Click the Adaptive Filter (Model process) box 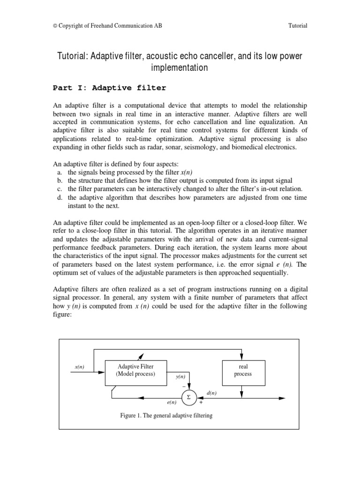[135, 370]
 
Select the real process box [243, 370]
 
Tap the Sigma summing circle [188, 397]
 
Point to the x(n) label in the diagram [79, 367]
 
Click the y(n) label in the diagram [180, 376]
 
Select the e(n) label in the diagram [172, 402]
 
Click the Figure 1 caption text [166, 416]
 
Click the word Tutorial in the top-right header [298, 25]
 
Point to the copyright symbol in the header [54, 26]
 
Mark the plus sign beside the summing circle [201, 402]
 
